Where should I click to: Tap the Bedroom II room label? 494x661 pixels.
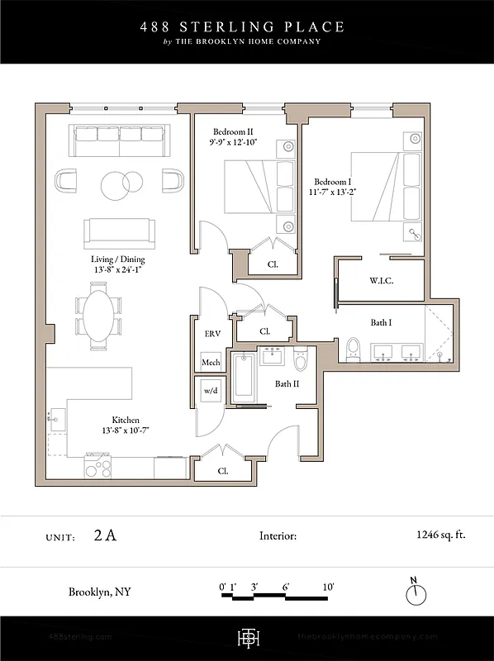(x=233, y=131)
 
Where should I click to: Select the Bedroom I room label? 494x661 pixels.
(x=330, y=181)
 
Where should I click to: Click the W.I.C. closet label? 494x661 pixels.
(x=381, y=281)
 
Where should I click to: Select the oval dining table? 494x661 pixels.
(x=97, y=314)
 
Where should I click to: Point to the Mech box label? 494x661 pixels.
(x=210, y=364)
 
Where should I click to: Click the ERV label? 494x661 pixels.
(x=212, y=334)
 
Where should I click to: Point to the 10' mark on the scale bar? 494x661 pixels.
(x=328, y=587)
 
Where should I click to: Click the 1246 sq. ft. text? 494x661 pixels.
(x=441, y=535)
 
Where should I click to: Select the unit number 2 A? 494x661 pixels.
(x=105, y=535)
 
